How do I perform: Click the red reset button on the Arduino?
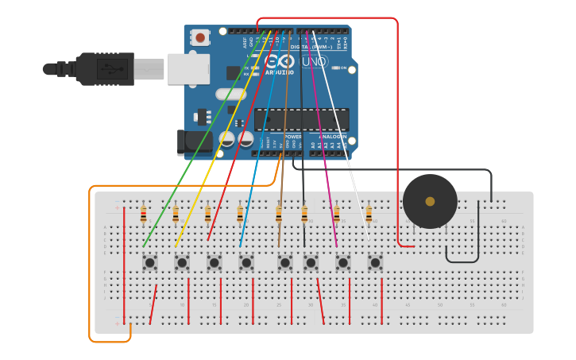click(x=200, y=37)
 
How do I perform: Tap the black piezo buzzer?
click(x=430, y=201)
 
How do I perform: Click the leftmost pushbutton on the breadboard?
click(x=149, y=261)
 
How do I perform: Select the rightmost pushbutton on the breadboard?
click(x=375, y=261)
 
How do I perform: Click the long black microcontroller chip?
click(x=301, y=119)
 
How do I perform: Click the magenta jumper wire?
click(x=326, y=159)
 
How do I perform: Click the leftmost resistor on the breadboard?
click(x=143, y=215)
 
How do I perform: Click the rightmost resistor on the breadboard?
click(x=369, y=215)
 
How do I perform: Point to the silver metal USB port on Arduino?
click(x=188, y=68)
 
